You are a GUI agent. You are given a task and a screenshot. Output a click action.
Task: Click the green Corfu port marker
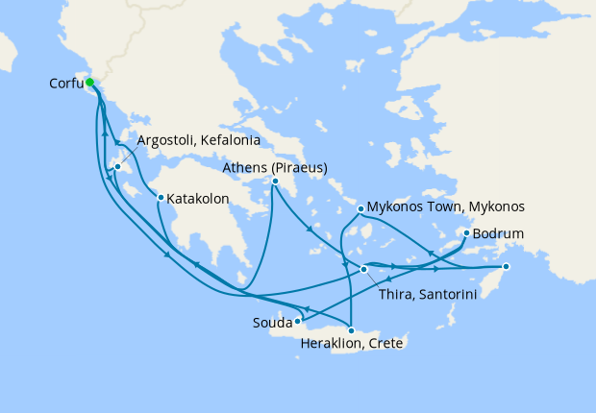[89, 83]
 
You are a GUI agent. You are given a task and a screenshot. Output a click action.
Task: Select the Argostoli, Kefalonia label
[199, 140]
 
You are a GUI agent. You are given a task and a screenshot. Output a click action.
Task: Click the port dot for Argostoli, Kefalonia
[117, 167]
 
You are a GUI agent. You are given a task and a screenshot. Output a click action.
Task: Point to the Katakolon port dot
[161, 198]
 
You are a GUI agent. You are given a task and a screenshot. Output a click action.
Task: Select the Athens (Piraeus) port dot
[275, 182]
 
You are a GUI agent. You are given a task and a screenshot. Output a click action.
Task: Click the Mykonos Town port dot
[360, 208]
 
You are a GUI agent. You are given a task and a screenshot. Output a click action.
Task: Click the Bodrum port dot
[466, 233]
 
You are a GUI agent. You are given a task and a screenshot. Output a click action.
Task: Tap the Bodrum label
[498, 233]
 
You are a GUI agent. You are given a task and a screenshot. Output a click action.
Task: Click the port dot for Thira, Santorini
[363, 270]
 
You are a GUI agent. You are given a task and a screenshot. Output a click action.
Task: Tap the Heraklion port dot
[351, 330]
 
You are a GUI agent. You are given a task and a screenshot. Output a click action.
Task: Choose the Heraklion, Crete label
[351, 344]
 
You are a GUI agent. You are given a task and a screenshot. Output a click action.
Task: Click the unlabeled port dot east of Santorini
[507, 266]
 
